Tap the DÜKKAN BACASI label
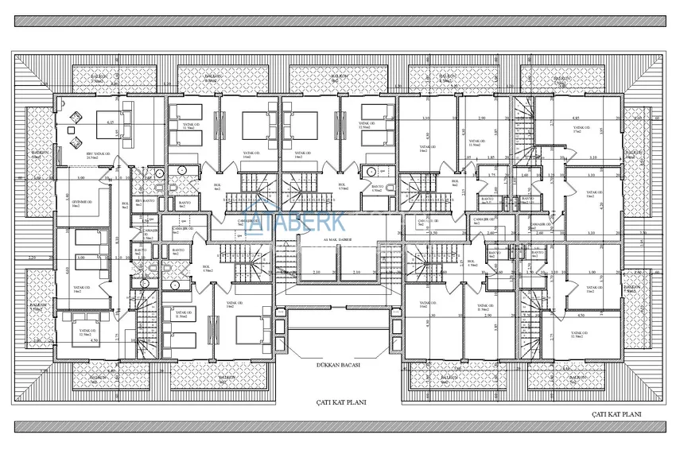pyautogui.click(x=338, y=365)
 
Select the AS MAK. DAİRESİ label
pyautogui.click(x=337, y=239)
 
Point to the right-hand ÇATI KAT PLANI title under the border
pyautogui.click(x=616, y=415)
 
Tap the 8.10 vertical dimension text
pyautogui.click(x=116, y=239)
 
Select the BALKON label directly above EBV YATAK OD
pyautogui.click(x=97, y=79)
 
